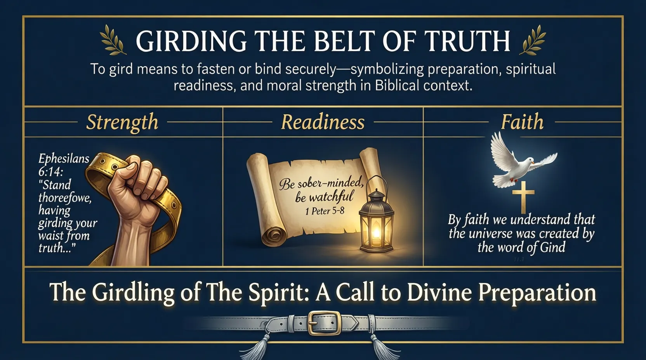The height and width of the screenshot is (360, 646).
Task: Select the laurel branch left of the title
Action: click(113, 40)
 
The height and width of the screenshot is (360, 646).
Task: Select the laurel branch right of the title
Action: click(535, 40)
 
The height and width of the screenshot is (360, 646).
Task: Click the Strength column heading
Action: click(122, 122)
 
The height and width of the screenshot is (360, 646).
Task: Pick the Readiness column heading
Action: click(323, 122)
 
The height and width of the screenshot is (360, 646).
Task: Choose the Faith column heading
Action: click(522, 122)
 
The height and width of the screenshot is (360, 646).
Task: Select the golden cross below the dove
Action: click(523, 196)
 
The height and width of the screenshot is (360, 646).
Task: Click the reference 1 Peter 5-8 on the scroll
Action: click(325, 211)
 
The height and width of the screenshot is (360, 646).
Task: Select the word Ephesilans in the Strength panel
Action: click(64, 159)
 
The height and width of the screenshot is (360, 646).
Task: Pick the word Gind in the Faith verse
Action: click(553, 247)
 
